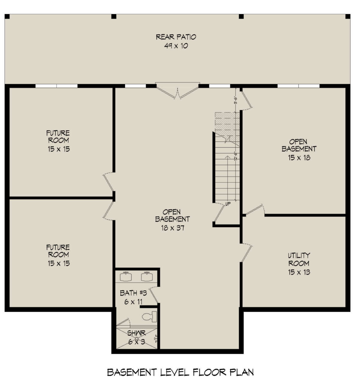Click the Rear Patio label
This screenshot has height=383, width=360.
click(x=176, y=37)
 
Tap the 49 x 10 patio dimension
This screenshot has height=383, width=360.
click(x=176, y=46)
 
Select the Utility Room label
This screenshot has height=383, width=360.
click(x=298, y=260)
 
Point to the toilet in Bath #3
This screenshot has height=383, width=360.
click(x=149, y=316)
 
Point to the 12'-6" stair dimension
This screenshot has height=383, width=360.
click(x=236, y=156)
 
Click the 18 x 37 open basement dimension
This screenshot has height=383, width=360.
click(x=172, y=228)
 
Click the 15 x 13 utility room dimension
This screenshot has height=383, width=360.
click(x=298, y=272)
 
